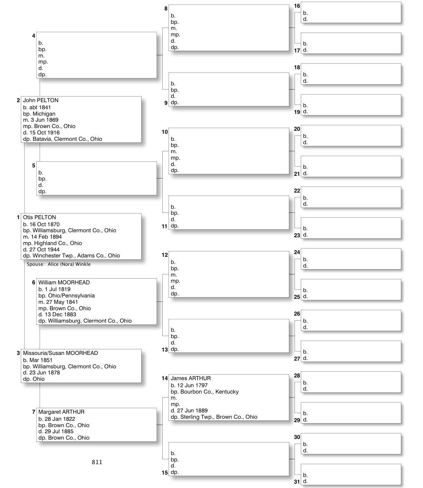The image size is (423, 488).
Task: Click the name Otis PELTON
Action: (x=39, y=217)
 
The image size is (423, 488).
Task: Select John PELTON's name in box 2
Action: (x=41, y=100)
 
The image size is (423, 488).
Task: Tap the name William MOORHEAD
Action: (x=64, y=283)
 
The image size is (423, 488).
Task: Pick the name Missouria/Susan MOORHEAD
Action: (x=60, y=353)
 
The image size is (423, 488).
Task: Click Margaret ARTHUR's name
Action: (x=61, y=412)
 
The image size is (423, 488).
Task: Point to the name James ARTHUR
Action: (x=191, y=378)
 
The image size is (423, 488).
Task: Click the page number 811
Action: (x=97, y=462)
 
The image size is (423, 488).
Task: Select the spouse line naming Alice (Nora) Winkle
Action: (x=59, y=265)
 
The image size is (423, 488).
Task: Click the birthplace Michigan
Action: (x=44, y=114)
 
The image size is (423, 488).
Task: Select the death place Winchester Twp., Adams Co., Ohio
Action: (x=76, y=256)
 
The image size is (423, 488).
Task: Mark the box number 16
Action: (x=297, y=6)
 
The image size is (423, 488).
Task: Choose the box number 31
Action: (x=297, y=482)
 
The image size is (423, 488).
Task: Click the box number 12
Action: (x=165, y=255)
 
